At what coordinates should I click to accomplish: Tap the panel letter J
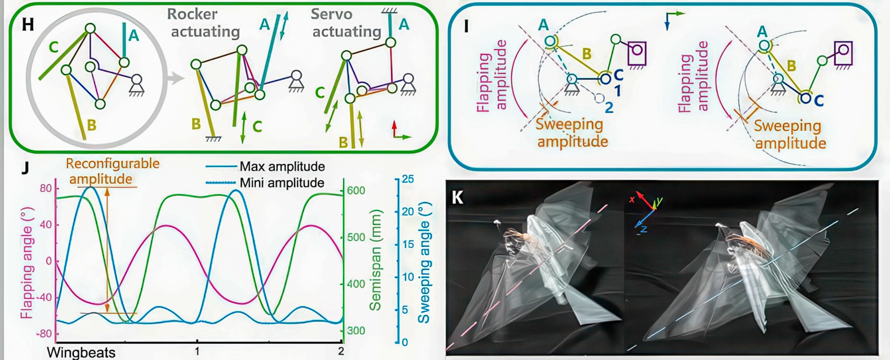click(24, 168)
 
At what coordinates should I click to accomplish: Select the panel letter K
click(458, 197)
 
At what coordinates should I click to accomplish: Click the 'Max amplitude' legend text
click(282, 167)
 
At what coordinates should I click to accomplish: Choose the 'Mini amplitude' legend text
click(282, 183)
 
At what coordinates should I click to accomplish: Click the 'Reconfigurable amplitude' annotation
click(112, 171)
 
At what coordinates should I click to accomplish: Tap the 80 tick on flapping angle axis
click(46, 188)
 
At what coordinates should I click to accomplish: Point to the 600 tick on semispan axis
click(356, 190)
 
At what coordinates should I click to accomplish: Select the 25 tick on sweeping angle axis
click(407, 179)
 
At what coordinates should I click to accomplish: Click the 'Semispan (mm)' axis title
click(375, 260)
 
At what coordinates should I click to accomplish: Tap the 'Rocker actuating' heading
click(205, 23)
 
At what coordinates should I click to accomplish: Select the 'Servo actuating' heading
click(346, 23)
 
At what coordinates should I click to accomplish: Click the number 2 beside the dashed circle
click(608, 108)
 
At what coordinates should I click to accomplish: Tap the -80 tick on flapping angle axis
click(44, 334)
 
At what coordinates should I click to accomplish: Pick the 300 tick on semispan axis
click(356, 331)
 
